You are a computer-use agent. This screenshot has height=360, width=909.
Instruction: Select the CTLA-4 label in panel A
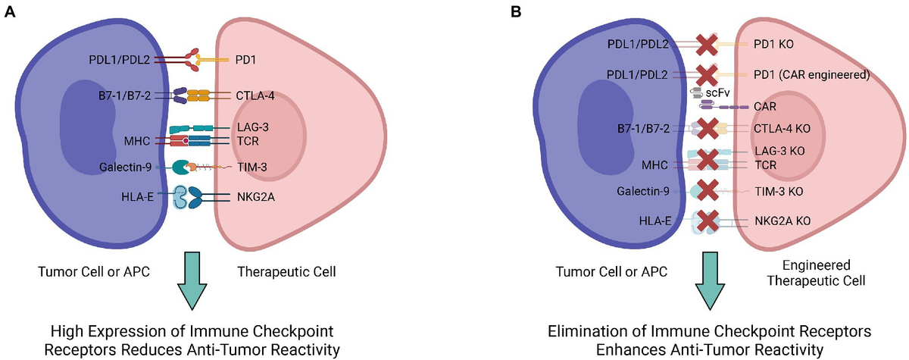tap(255, 95)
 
